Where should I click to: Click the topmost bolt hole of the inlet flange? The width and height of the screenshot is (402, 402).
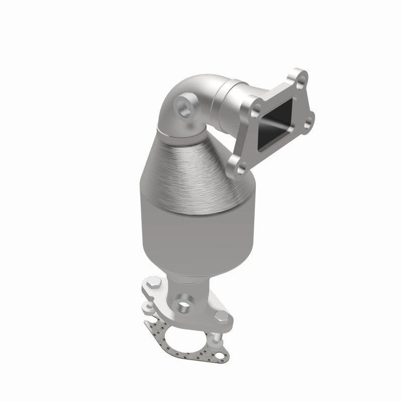299,77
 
